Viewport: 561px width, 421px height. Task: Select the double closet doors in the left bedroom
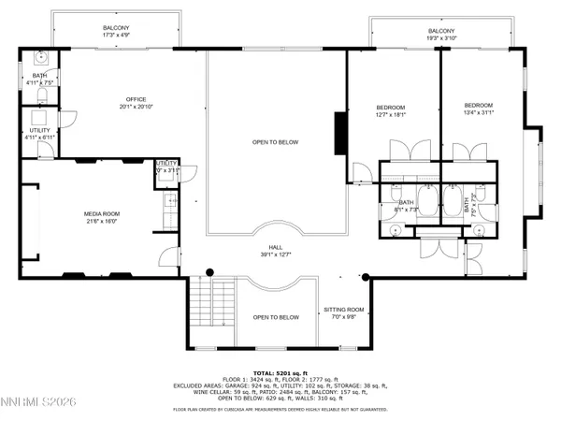(401, 151)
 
